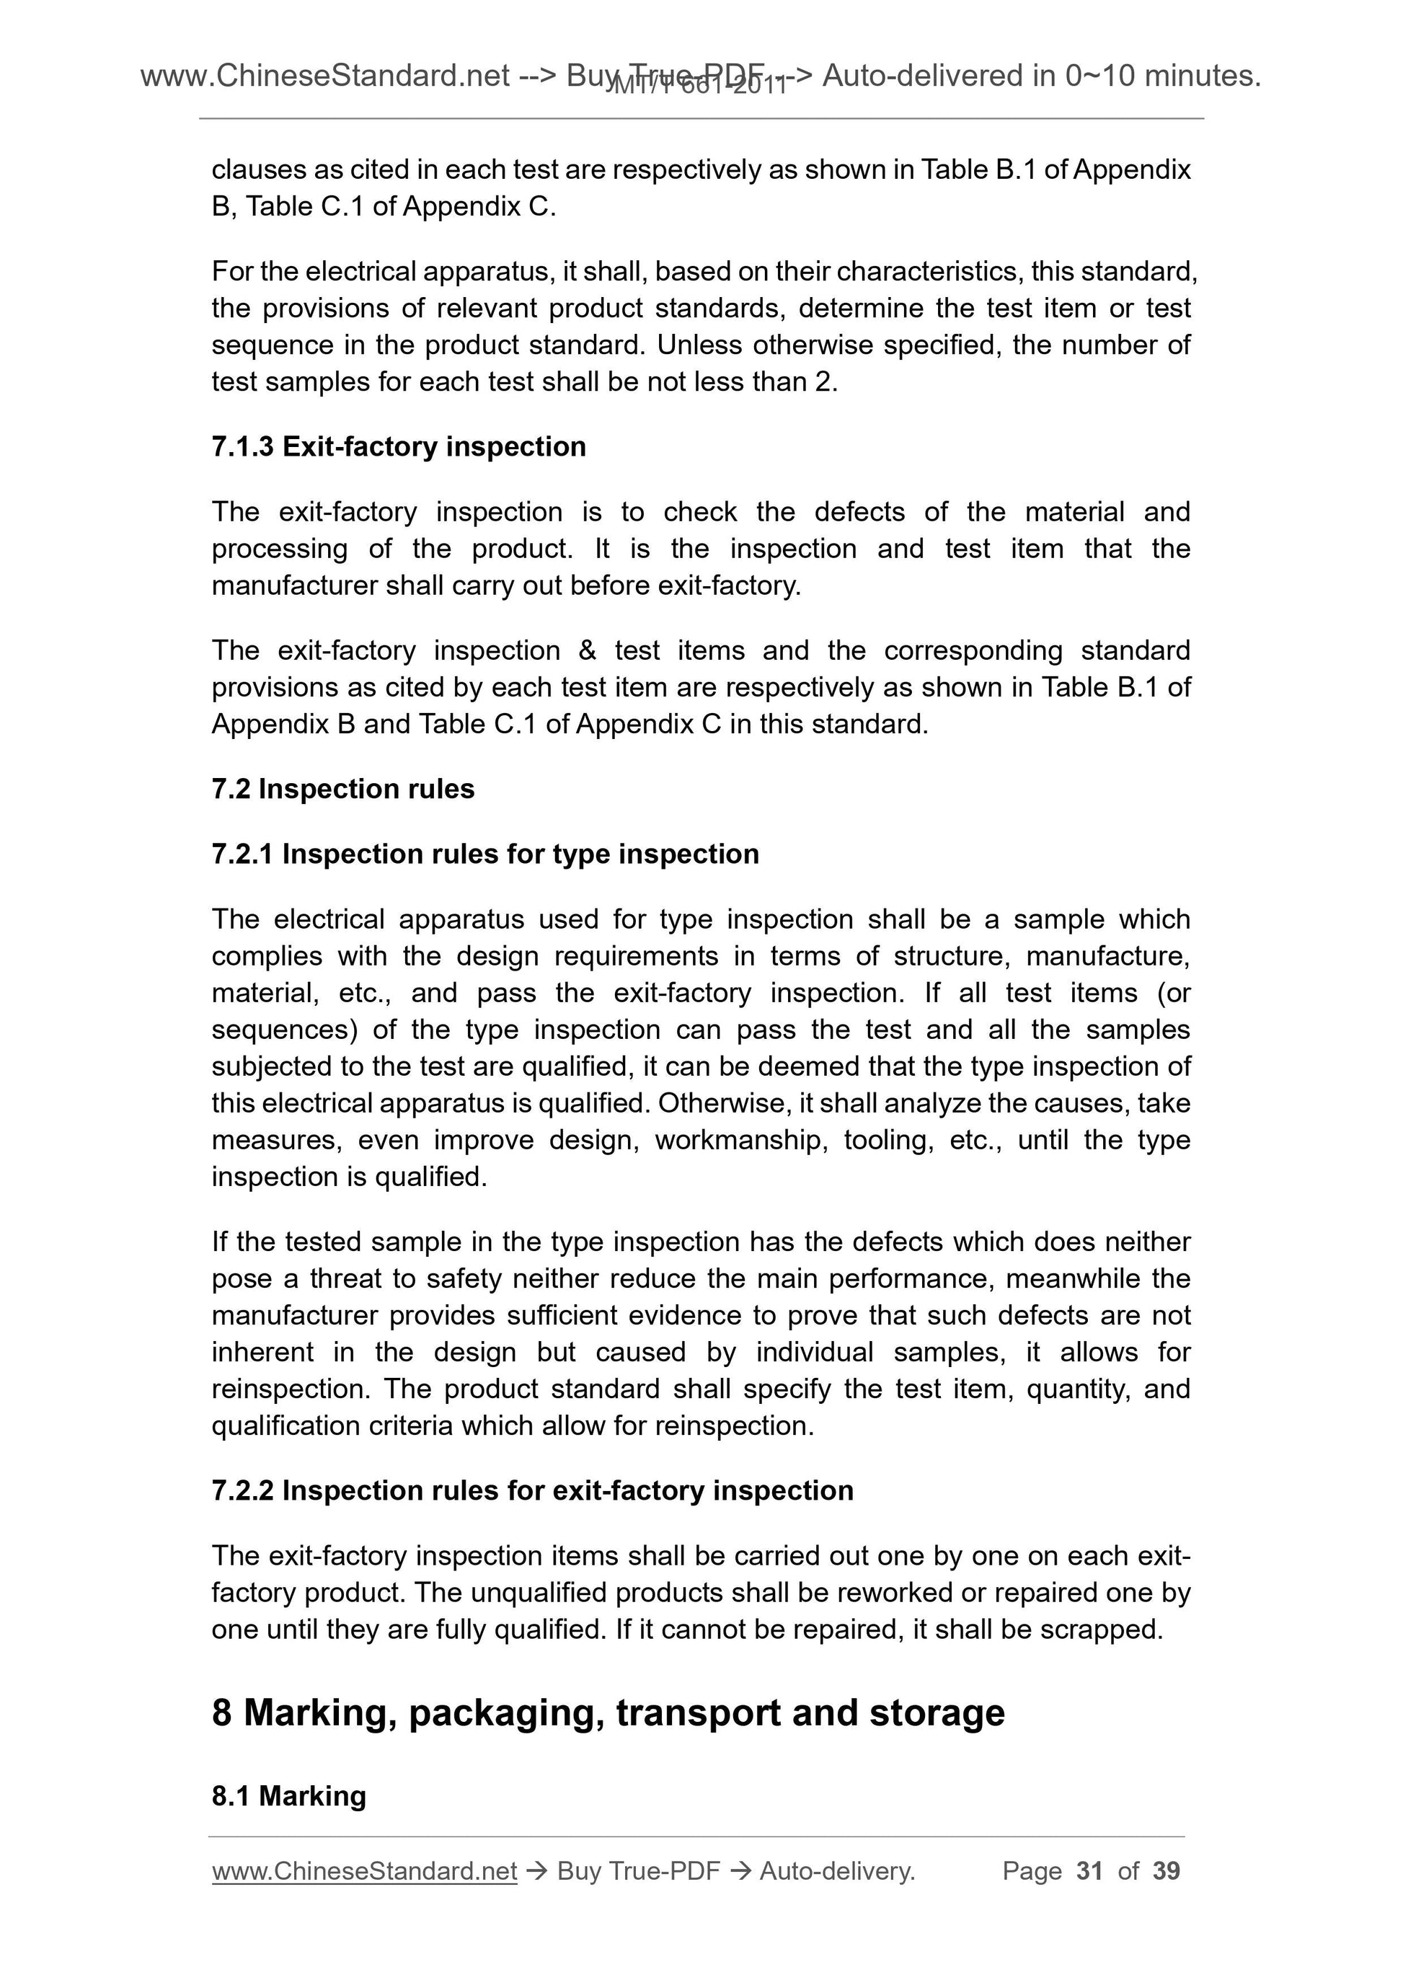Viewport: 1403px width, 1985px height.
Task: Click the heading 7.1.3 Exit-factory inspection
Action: tap(399, 447)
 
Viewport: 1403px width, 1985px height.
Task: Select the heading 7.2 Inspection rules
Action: tap(342, 790)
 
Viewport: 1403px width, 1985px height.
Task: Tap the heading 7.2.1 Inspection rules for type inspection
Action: tap(485, 854)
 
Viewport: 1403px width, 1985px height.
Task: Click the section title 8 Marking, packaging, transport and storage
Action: tap(608, 1712)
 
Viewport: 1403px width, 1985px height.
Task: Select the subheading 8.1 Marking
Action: tap(288, 1797)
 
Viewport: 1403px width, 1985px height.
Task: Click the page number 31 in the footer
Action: tap(1089, 1871)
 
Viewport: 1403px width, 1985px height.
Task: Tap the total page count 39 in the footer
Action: tap(1166, 1871)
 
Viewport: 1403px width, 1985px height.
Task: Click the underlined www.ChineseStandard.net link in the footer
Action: tap(364, 1871)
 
